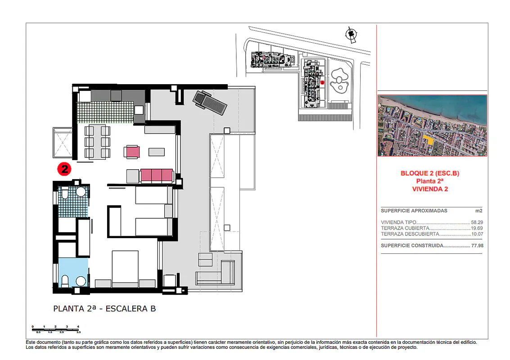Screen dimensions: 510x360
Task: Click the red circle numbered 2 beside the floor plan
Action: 64,169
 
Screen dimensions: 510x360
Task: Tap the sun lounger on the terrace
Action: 209,103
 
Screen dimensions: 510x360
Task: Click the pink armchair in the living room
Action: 132,152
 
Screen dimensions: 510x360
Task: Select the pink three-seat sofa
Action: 157,175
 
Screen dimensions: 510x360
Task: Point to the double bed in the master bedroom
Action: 125,269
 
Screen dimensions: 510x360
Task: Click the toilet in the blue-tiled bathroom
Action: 64,194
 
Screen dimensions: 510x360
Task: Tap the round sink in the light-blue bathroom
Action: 81,281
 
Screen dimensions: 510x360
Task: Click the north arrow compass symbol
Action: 351,35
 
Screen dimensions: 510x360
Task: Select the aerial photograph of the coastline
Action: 432,126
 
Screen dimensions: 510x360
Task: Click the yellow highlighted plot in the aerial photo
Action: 429,139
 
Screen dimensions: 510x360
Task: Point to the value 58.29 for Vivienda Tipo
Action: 477,222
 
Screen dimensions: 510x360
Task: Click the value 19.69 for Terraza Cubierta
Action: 477,228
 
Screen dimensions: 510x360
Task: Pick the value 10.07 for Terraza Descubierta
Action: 477,234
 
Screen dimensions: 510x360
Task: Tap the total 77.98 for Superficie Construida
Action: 477,246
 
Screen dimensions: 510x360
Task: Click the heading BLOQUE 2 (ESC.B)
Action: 430,173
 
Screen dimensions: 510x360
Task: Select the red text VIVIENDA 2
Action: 430,189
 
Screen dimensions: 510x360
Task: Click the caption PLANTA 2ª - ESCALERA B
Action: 104,309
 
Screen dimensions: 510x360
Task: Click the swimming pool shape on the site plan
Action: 339,80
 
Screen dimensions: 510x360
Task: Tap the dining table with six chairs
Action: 97,142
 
